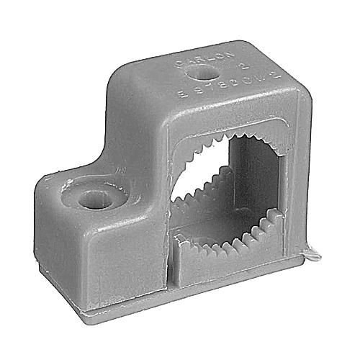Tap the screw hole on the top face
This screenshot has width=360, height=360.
(201, 73)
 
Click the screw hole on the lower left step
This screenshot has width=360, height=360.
(94, 198)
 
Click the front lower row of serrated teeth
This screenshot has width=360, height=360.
(230, 238)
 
